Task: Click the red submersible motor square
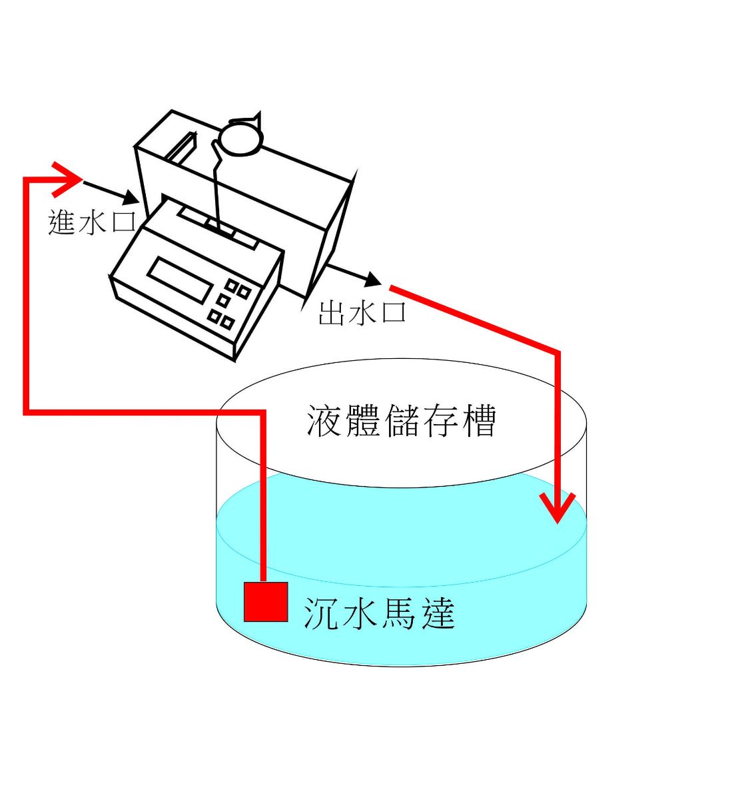[x=265, y=601]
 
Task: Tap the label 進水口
[x=91, y=222]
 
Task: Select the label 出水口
[x=362, y=312]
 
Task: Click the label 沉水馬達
[x=379, y=613]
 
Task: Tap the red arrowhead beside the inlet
[x=67, y=178]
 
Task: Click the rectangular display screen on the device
[x=181, y=280]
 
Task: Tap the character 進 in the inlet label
[x=62, y=222]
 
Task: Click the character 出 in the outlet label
[x=331, y=312]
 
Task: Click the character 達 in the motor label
[x=437, y=613]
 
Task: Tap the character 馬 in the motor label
[x=399, y=613]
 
